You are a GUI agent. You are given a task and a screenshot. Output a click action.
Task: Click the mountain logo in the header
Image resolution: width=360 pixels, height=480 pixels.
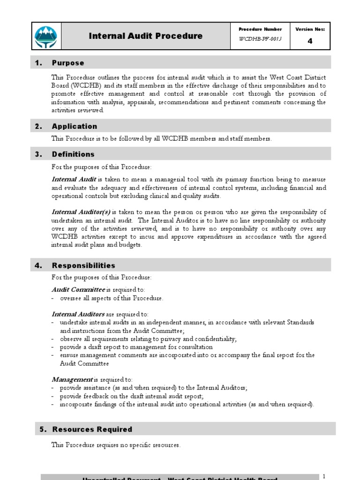[46, 36]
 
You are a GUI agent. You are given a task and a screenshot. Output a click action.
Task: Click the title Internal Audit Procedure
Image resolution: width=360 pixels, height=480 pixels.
[146, 36]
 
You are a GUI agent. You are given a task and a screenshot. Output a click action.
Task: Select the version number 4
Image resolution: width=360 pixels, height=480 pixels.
[310, 41]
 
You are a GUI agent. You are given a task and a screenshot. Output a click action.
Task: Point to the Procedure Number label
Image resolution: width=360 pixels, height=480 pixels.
[260, 29]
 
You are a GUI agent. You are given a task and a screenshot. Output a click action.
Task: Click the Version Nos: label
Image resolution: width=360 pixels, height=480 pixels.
[310, 29]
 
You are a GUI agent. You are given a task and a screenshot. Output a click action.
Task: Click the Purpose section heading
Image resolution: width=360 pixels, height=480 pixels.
[68, 63]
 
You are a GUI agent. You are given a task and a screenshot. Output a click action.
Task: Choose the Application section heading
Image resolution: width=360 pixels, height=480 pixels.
[75, 126]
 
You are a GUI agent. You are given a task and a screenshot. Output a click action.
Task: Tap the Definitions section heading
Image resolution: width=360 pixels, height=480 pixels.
[73, 154]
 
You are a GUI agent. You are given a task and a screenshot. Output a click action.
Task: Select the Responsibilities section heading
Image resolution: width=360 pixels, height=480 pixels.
[83, 266]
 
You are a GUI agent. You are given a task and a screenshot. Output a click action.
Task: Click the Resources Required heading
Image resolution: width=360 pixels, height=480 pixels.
[92, 429]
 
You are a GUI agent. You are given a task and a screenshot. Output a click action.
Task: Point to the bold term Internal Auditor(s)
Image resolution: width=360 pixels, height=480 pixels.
[81, 212]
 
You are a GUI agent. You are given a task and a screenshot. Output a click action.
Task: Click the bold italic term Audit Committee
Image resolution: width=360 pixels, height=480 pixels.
[78, 290]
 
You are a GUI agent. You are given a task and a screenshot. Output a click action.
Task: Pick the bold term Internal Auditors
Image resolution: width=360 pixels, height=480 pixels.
[78, 314]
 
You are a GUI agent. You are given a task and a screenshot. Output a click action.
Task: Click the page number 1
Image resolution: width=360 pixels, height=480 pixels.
[323, 476]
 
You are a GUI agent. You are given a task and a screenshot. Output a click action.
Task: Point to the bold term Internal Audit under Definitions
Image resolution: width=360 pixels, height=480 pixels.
[74, 180]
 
